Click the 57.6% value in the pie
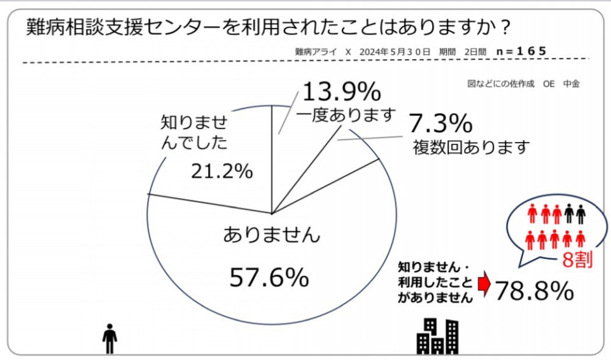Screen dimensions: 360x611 coord(269,277)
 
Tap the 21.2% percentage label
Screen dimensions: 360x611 coord(222,171)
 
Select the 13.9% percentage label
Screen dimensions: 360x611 coord(341,93)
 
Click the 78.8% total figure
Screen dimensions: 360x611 coord(534,291)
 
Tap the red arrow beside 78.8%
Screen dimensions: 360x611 coord(484,285)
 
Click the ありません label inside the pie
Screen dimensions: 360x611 coord(271,235)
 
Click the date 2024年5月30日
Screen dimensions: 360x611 coord(395,52)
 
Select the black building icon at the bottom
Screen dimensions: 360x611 coord(437,336)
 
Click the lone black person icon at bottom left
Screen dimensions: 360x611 coord(110,338)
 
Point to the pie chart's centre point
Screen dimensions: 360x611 coord(272,213)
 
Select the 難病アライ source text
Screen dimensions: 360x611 coord(316,52)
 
